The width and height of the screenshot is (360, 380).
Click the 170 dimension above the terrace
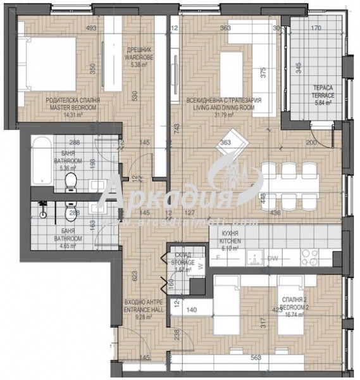pos(316,28)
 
